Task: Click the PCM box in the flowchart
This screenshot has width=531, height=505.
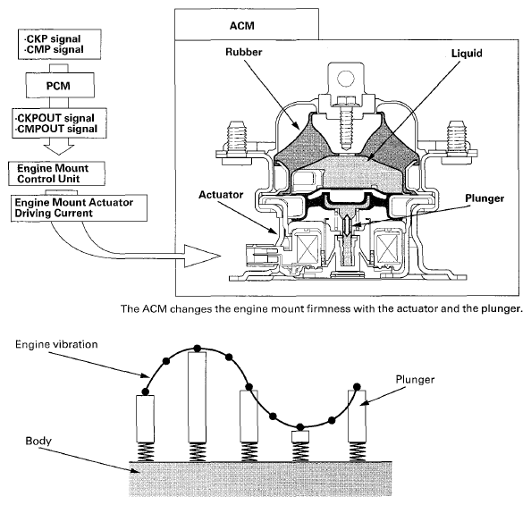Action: pos(60,85)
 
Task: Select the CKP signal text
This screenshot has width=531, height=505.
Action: pos(54,38)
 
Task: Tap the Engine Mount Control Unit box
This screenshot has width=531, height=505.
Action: pos(56,173)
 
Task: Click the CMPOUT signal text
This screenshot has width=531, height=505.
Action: pos(56,129)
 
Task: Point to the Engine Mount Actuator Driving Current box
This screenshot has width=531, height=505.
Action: pos(80,207)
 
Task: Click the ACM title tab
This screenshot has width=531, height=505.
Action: pos(247,24)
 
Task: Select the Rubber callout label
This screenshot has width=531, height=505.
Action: pos(244,52)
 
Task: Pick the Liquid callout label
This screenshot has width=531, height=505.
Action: pos(467,53)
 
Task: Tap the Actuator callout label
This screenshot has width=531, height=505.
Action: pos(221,195)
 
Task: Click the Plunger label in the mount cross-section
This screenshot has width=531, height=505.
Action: pos(485,198)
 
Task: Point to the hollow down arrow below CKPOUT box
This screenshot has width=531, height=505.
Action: pos(59,147)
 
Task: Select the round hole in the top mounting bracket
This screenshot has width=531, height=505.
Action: pos(346,79)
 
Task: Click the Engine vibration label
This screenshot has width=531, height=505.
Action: pos(56,344)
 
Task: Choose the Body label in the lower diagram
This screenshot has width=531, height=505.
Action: pos(38,441)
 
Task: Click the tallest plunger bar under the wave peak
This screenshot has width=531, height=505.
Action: pos(197,398)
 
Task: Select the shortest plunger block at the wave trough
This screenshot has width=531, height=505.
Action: pos(300,436)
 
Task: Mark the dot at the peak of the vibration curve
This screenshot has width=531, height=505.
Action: pos(197,349)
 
